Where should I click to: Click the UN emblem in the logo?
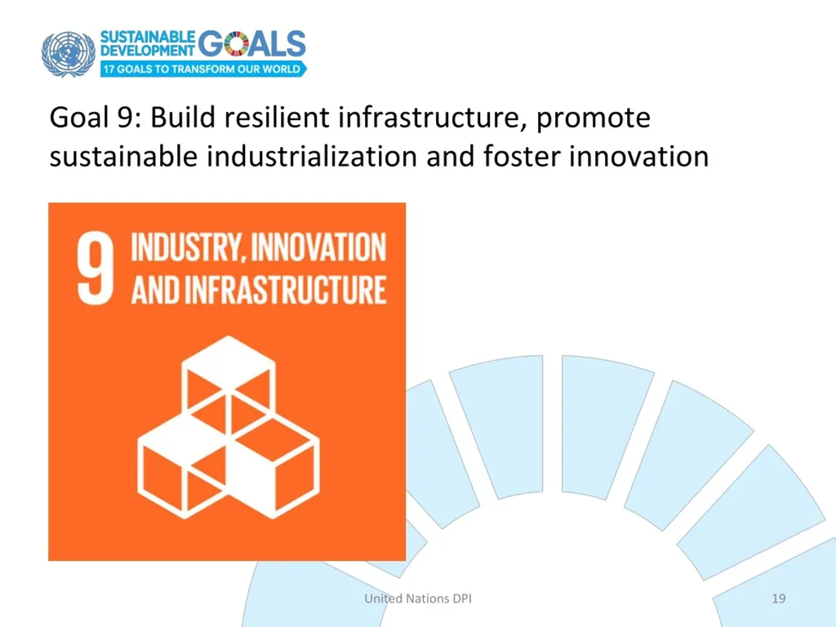69,54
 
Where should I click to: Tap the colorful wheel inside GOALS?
237,43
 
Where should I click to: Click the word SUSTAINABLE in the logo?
148,37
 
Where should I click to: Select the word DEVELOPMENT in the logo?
148,50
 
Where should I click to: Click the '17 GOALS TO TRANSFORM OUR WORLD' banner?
203,69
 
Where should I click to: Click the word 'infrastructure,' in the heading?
433,118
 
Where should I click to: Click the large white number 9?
95,270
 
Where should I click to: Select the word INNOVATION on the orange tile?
318,247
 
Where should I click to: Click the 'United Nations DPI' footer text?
418,598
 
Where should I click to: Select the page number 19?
778,598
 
